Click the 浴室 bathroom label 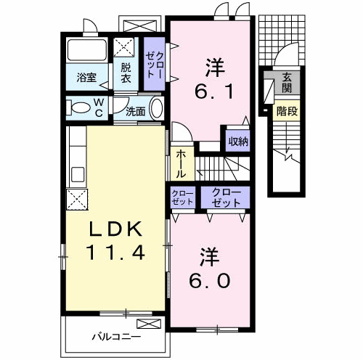click(x=86, y=78)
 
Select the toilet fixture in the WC click(x=77, y=108)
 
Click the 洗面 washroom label click(x=136, y=112)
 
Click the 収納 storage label click(x=237, y=141)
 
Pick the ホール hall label click(x=181, y=164)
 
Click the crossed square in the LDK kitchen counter click(x=76, y=198)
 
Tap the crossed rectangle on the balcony click(x=147, y=324)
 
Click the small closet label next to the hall click(x=181, y=197)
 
